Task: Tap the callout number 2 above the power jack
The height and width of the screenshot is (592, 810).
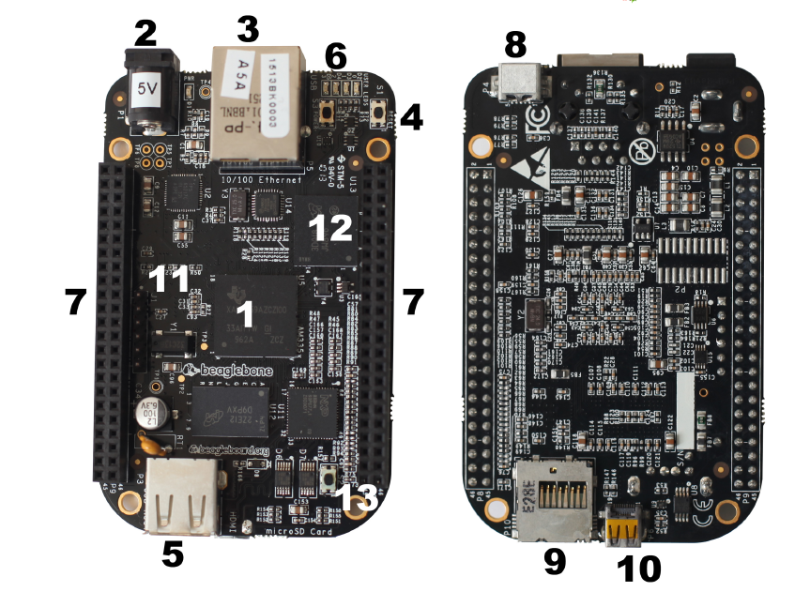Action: coord(145,34)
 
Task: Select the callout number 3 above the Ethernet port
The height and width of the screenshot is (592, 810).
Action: coord(247,29)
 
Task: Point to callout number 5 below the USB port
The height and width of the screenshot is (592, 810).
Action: coord(172,554)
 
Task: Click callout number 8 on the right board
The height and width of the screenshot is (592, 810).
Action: coord(516,43)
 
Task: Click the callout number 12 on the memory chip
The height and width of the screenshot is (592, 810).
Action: coord(330,226)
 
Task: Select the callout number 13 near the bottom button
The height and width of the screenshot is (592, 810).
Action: coord(359,496)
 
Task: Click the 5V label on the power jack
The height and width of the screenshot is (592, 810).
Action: coord(148,90)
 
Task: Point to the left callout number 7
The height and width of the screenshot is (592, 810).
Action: coord(76,301)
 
